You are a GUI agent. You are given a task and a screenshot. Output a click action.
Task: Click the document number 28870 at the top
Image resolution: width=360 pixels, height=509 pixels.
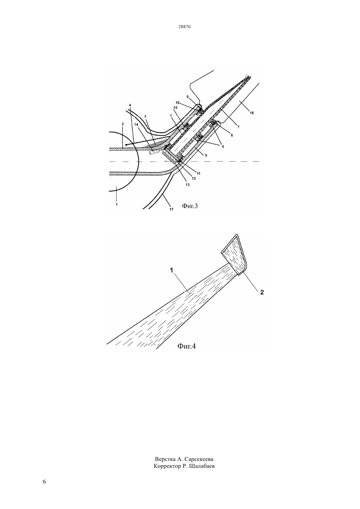pyautogui.click(x=184, y=27)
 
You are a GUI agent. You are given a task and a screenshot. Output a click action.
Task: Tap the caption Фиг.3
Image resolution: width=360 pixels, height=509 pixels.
pyautogui.click(x=190, y=206)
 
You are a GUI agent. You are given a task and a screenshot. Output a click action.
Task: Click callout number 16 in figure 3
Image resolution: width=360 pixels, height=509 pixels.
pyautogui.click(x=252, y=113)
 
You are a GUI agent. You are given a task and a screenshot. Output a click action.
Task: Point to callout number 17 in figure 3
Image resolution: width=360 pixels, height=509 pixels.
pyautogui.click(x=171, y=209)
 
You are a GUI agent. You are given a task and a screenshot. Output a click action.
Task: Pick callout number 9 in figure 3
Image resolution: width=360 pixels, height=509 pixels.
pyautogui.click(x=188, y=97)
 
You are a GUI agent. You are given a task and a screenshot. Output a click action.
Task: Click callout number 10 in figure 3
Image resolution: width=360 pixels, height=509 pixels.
pyautogui.click(x=177, y=103)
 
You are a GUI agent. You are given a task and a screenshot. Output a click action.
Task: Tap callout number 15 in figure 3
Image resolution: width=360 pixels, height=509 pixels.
pyautogui.click(x=175, y=108)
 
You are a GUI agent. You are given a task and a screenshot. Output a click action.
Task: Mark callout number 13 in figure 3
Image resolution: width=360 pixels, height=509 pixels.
pyautogui.click(x=188, y=185)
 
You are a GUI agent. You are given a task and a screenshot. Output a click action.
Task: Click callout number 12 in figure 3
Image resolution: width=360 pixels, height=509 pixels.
pyautogui.click(x=194, y=179)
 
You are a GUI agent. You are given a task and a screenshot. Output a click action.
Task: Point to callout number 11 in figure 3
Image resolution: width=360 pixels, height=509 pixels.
pyautogui.click(x=198, y=173)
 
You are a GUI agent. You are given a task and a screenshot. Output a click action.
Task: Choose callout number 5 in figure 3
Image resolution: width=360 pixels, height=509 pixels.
pyautogui.click(x=206, y=155)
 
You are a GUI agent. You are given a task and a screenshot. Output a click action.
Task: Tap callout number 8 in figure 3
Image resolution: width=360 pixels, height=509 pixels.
pyautogui.click(x=232, y=135)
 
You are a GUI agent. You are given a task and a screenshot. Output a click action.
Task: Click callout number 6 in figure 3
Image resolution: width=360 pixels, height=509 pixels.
pyautogui.click(x=223, y=147)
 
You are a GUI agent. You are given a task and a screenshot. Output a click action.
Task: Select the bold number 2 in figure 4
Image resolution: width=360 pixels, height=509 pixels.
pyautogui.click(x=262, y=292)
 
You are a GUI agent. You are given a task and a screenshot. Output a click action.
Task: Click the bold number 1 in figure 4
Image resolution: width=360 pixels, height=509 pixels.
pyautogui.click(x=171, y=270)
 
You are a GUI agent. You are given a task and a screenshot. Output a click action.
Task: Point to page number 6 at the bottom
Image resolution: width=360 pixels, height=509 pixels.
pyautogui.click(x=44, y=482)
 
